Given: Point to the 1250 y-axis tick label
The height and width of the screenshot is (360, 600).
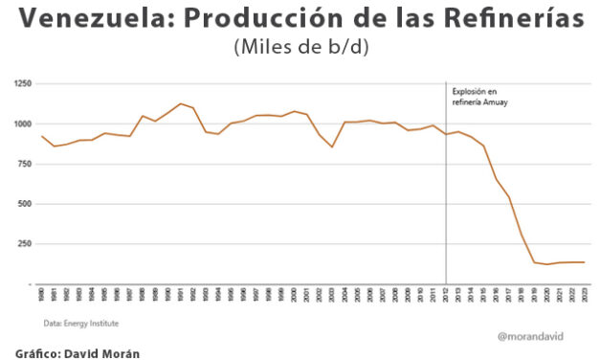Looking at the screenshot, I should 23,84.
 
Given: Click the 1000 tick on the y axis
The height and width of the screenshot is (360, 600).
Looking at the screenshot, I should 23,124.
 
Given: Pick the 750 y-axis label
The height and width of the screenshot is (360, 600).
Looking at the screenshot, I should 25,164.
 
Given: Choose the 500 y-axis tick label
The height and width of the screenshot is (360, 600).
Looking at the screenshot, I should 25,204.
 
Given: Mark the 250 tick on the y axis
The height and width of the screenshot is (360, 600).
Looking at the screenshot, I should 25,244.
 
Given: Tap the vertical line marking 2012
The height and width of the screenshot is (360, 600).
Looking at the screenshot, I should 446,191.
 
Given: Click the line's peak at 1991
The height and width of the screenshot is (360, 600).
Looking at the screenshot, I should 180,103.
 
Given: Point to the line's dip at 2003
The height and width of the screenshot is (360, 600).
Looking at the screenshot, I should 332,146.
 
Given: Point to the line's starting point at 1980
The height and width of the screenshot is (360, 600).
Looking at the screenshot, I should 42,136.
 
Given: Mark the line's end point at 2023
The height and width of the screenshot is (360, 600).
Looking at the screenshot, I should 584,262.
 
